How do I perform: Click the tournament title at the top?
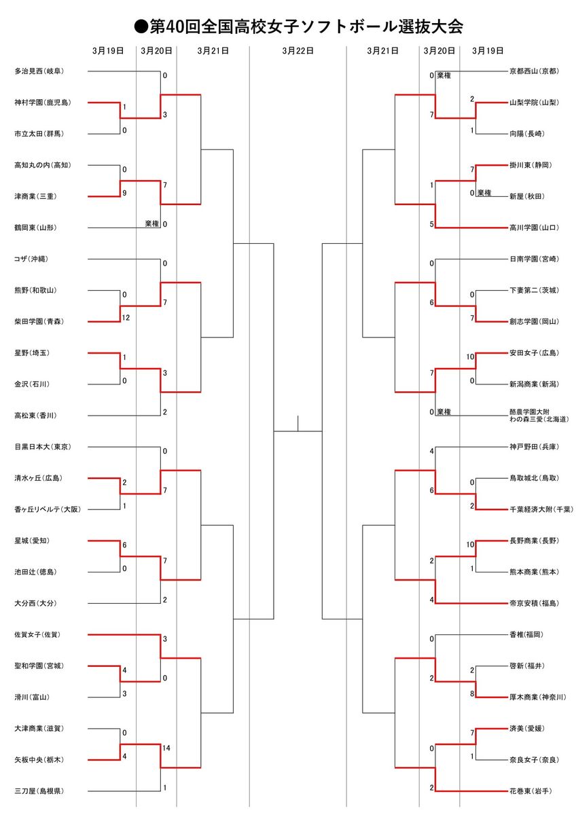point(298,26)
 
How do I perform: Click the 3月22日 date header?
point(298,50)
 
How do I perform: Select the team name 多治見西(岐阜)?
point(39,71)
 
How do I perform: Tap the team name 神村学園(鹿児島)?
point(43,103)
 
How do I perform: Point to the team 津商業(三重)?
point(35,196)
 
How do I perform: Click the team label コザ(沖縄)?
point(31,259)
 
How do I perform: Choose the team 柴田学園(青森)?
point(39,322)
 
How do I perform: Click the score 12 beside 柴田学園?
point(126,318)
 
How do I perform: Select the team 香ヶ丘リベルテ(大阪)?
point(48,509)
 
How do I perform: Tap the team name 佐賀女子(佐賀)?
point(37,634)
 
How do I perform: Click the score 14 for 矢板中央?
point(166,748)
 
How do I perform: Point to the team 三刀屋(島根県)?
point(39,791)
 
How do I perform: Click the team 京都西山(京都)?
point(534,71)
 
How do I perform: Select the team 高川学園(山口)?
point(534,228)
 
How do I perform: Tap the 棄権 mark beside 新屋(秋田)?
point(484,193)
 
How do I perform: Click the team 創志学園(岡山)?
point(534,322)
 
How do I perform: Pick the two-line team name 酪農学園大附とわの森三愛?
point(539,416)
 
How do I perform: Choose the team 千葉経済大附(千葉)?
point(541,509)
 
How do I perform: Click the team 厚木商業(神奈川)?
point(537,697)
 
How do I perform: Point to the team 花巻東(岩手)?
point(530,791)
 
